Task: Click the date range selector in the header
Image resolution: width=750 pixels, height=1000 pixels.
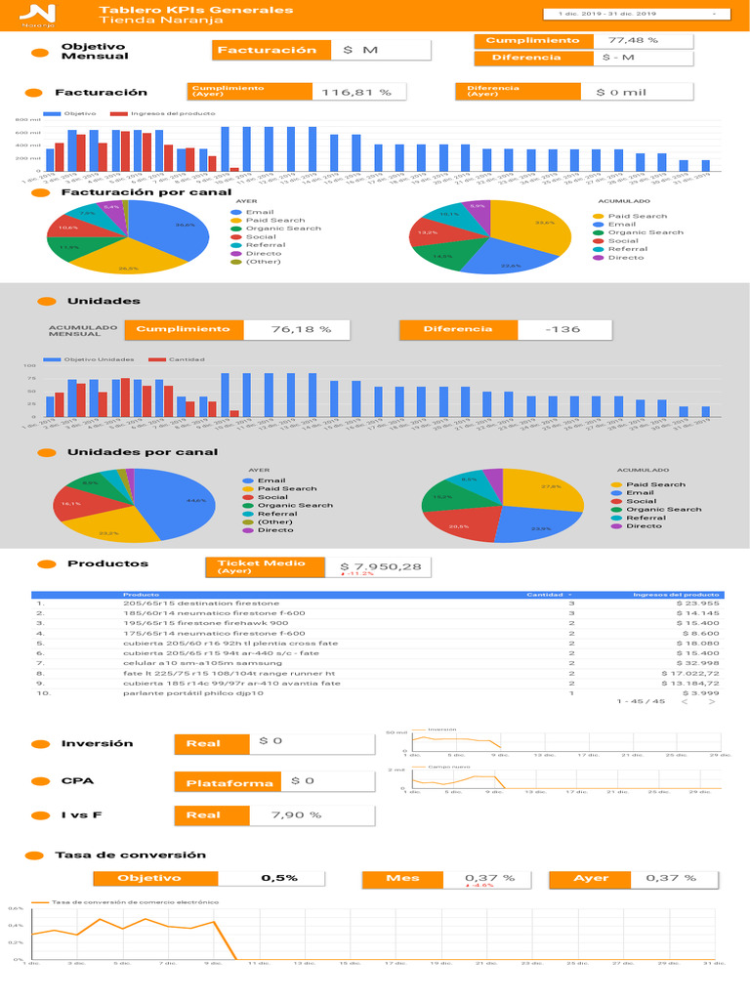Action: [637, 15]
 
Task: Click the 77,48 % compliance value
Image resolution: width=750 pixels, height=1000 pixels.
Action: [633, 40]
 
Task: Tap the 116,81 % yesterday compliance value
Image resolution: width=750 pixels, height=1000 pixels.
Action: [356, 92]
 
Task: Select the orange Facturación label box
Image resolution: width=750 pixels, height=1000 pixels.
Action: [267, 50]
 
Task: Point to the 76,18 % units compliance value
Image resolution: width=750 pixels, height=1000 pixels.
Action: [301, 329]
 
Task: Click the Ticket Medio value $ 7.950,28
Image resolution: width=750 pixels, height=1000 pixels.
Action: [381, 566]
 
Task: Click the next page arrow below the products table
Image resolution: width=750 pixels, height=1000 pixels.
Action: [713, 701]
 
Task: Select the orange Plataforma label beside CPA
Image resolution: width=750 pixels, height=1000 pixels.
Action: [230, 782]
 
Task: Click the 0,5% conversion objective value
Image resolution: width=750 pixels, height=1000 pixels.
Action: [279, 878]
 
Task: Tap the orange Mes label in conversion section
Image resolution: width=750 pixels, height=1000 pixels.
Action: [402, 878]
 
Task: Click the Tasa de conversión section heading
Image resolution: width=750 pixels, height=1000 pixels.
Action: [130, 854]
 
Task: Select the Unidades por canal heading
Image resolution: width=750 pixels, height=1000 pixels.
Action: [143, 452]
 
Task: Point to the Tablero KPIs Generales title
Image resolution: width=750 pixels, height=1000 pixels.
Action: [196, 10]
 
